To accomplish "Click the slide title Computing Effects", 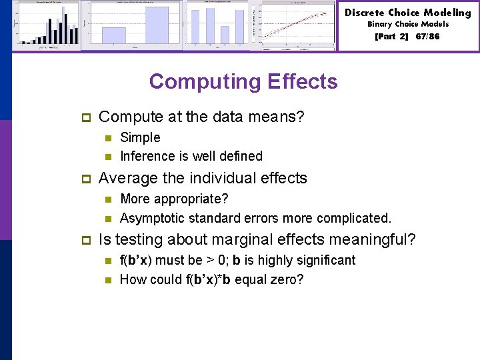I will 243,81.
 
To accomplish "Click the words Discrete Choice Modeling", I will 407,13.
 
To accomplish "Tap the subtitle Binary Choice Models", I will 408,24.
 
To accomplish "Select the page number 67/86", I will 427,36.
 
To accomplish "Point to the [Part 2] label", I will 392,36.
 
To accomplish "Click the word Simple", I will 140,137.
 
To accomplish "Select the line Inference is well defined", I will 191,156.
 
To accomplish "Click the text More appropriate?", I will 174,199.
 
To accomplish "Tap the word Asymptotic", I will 153,218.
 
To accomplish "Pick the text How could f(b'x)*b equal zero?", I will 211,279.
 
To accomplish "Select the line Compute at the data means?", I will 201,117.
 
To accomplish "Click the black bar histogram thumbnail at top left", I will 47,25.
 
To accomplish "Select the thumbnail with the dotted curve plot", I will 298,25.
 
